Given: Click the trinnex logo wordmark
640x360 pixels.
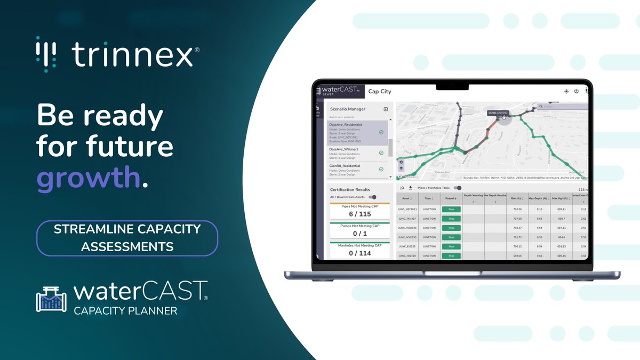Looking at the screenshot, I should tap(132, 54).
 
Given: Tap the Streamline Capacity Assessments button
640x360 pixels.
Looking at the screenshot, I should tap(127, 238).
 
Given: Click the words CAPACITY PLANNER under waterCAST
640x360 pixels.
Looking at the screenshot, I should tap(125, 310).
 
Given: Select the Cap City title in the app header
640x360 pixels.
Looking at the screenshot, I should tap(380, 92).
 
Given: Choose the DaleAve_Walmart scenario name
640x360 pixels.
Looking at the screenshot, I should tap(343, 149).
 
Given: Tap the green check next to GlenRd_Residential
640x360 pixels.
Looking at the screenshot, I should tap(381, 169).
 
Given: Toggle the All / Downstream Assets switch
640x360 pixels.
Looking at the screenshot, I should tap(372, 197).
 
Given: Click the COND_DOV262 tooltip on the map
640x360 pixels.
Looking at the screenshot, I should tap(498, 113).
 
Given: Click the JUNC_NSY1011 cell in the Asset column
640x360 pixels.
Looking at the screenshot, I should tap(408, 209).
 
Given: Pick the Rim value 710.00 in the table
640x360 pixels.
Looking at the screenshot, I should tap(516, 209).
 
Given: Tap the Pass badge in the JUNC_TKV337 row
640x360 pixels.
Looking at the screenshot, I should tap(451, 219).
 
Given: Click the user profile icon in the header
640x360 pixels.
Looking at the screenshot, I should tap(577, 91).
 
